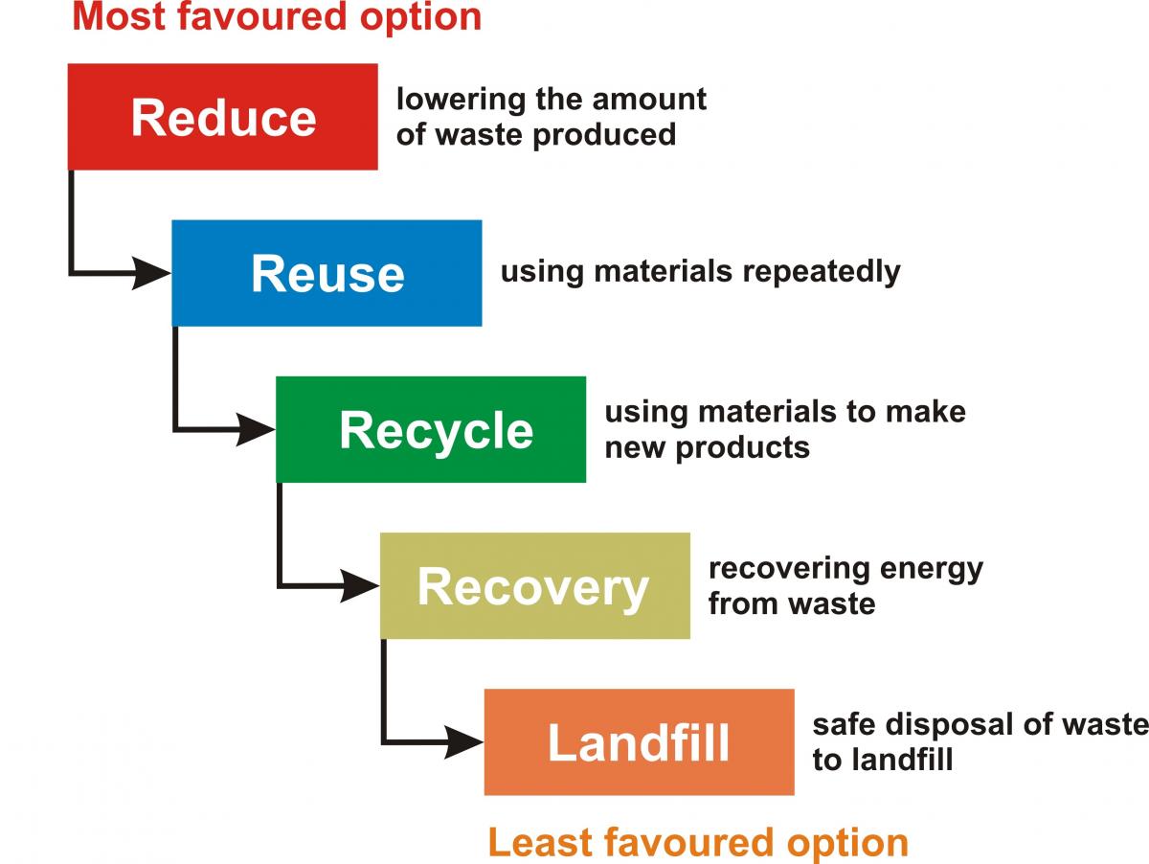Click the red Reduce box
click(222, 117)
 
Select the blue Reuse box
click(327, 273)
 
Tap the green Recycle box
click(431, 429)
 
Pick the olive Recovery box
click(534, 585)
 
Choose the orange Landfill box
click(639, 741)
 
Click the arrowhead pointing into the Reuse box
click(151, 273)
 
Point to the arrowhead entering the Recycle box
click(256, 429)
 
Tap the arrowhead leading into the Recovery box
click(360, 585)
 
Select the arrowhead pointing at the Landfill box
click(464, 741)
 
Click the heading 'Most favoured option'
click(277, 17)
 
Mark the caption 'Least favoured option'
click(698, 843)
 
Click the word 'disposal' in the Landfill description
click(949, 724)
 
